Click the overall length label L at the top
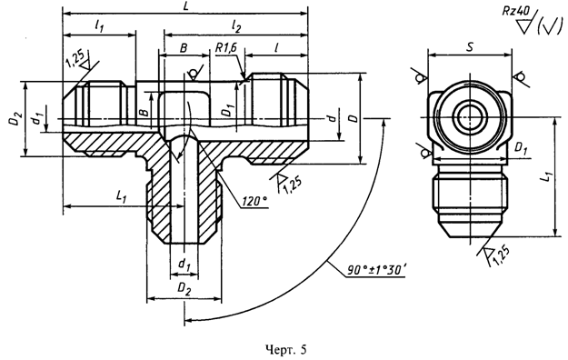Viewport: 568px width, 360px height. (185, 7)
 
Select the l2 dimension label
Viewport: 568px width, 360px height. (236, 27)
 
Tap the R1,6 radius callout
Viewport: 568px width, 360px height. (225, 47)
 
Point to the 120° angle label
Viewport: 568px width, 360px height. (254, 201)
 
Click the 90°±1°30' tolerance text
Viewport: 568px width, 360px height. (377, 270)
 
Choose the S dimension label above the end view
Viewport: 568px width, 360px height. (470, 46)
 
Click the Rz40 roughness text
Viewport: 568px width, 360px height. (515, 11)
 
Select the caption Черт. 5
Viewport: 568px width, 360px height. (285, 349)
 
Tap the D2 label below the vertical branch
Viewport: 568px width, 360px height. (184, 290)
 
